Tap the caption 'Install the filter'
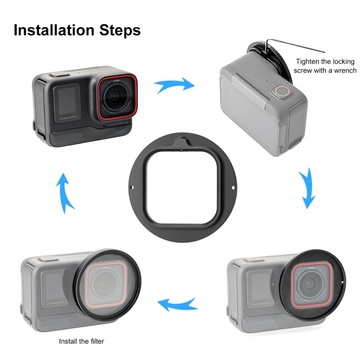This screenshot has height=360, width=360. pos(81,341)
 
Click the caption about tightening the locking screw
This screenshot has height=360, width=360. pos(326,66)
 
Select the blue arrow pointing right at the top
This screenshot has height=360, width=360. pos(174,86)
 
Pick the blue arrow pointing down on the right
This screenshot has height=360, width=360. pos(306,190)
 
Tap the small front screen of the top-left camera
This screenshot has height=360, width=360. pos(67,102)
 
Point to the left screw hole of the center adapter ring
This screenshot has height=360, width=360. pos(132,187)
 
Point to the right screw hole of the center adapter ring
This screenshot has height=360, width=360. pos(234,187)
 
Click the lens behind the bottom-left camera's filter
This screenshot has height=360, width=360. pos(104,284)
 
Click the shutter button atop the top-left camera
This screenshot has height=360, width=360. pos(59,74)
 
